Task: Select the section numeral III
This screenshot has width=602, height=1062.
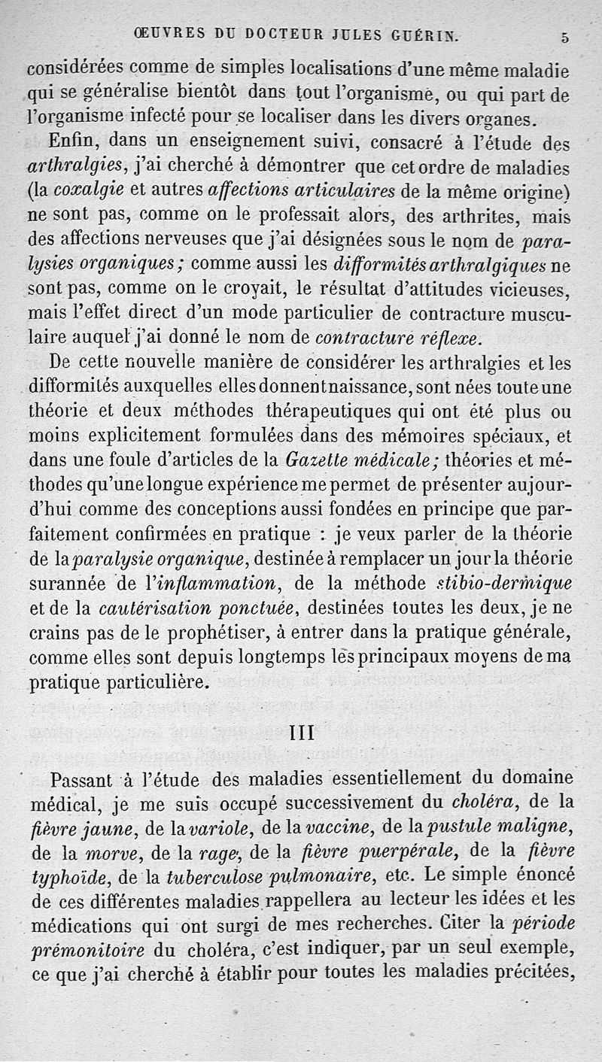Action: (x=301, y=731)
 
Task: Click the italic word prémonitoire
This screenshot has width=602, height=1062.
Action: (x=84, y=950)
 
